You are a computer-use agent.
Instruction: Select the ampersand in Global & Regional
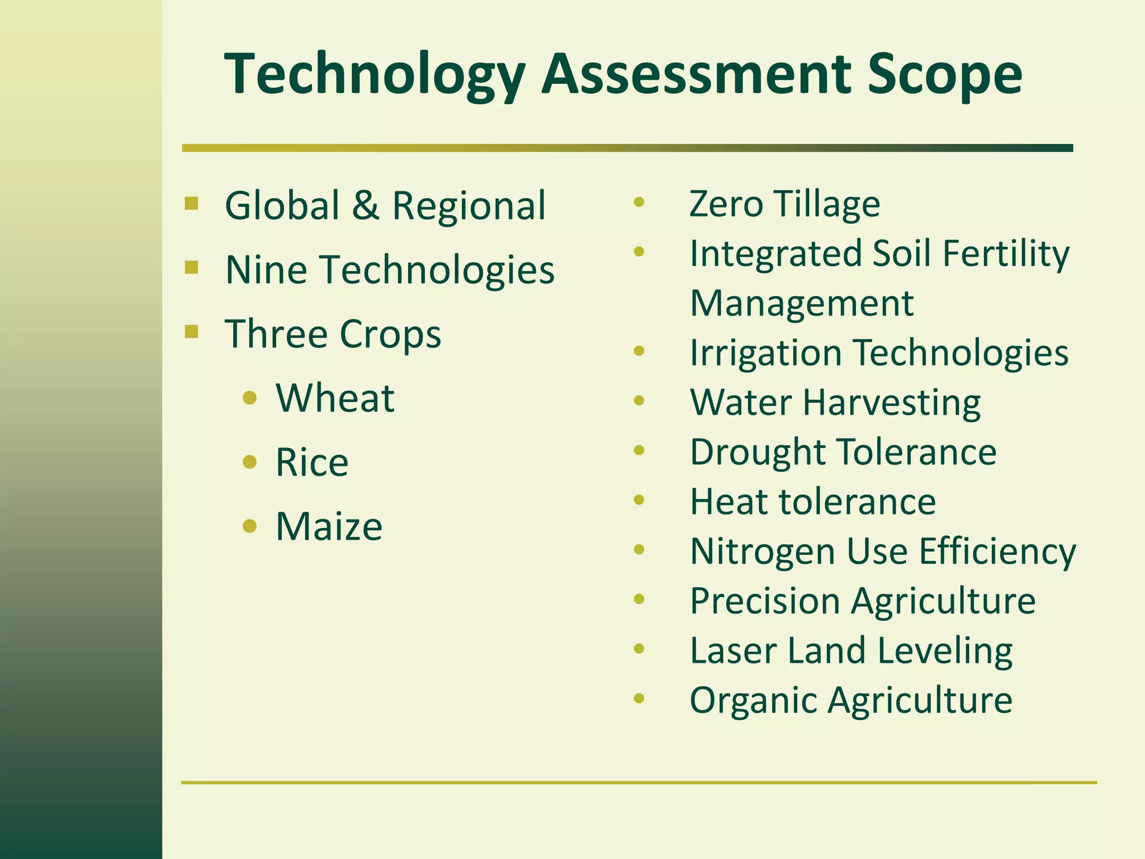[x=366, y=205]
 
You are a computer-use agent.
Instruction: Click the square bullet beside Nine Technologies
[x=191, y=268]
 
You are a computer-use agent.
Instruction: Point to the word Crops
[x=390, y=334]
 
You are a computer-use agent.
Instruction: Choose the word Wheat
[x=335, y=398]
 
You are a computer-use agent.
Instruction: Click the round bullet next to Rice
[x=250, y=462]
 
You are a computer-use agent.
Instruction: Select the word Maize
[x=329, y=527]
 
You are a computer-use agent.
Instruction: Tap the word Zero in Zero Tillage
[x=726, y=204]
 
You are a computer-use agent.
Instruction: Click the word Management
[x=802, y=303]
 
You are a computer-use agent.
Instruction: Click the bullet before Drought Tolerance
[x=639, y=450]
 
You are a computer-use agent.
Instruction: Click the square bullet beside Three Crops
[x=191, y=332]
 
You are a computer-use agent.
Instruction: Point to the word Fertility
[x=1005, y=254]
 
